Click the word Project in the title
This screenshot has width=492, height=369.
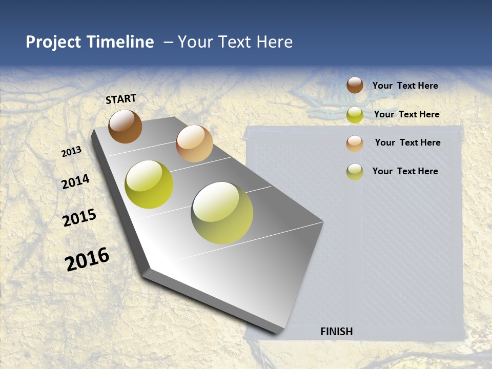click(54, 42)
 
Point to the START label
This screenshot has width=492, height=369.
click(121, 99)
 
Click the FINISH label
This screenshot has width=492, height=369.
click(337, 332)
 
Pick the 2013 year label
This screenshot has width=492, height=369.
click(72, 152)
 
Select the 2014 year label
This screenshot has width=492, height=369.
click(75, 182)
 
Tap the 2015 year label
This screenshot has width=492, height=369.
click(79, 218)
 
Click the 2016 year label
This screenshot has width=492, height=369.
click(87, 259)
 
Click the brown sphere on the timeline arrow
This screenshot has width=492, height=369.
click(125, 126)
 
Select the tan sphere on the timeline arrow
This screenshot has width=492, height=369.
click(194, 143)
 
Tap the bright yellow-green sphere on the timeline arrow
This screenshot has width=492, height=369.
click(149, 184)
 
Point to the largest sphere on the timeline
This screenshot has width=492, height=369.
click(222, 213)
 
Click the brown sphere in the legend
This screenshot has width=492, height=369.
click(355, 85)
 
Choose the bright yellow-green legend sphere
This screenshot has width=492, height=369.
click(355, 115)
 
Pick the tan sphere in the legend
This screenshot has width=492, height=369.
click(355, 143)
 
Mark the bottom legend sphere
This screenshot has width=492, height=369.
click(355, 172)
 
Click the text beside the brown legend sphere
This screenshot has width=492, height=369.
click(405, 86)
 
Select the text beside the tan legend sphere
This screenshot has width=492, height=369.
click(407, 142)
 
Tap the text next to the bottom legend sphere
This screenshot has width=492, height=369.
click(405, 171)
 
